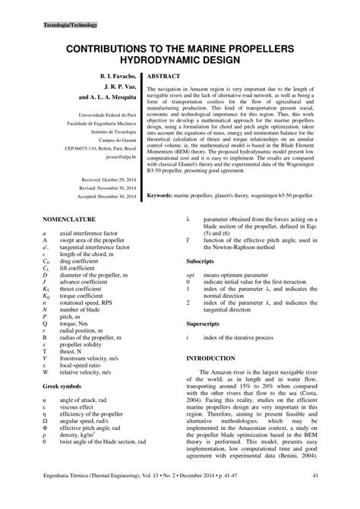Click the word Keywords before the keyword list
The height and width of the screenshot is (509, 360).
[163, 195]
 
